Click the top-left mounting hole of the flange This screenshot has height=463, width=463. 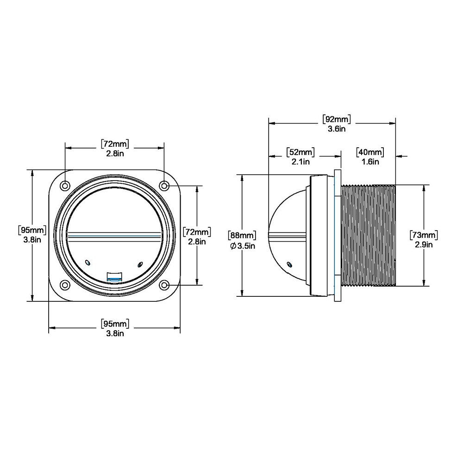click(x=65, y=186)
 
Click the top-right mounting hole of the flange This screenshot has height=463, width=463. click(x=164, y=186)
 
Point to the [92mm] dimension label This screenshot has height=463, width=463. click(x=337, y=119)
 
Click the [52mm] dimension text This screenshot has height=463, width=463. click(x=300, y=152)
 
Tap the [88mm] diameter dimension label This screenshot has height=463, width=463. click(x=242, y=236)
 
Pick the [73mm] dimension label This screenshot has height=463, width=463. click(x=424, y=235)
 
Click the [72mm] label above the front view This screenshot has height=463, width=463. click(x=114, y=144)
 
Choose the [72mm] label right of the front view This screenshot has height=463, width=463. click(x=197, y=231)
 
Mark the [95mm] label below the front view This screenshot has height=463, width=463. click(x=114, y=323)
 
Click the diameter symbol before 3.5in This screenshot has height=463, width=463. click(x=232, y=246)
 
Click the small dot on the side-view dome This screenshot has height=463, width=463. click(x=289, y=264)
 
